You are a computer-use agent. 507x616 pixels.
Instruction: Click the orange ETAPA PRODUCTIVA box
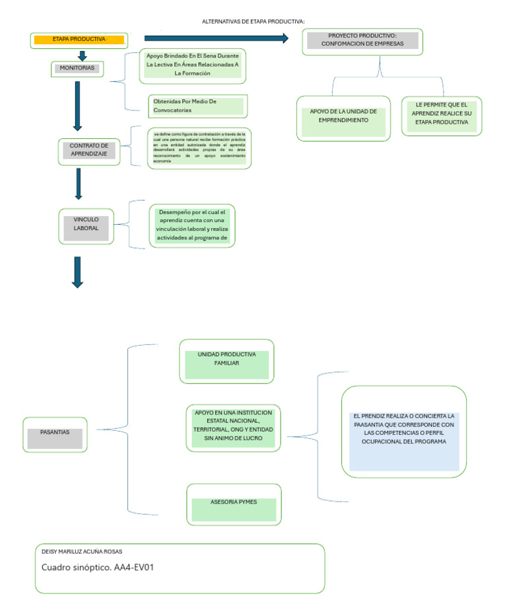pos(79,40)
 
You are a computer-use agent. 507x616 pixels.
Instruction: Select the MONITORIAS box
pos(77,68)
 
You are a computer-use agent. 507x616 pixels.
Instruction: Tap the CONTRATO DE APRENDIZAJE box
pos(88,150)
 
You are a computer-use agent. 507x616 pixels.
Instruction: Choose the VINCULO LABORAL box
pos(86,224)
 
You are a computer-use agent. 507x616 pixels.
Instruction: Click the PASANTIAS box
pos(55,434)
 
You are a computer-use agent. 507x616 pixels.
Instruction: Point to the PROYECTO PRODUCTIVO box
pos(362,41)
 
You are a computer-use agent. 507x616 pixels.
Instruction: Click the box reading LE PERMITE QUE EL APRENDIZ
pos(442,115)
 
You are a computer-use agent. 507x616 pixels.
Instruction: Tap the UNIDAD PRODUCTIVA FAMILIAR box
pos(226,361)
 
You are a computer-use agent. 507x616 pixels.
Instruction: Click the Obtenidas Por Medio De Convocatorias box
pos(197,106)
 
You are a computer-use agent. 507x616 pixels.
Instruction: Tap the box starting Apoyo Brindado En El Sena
pos(192,65)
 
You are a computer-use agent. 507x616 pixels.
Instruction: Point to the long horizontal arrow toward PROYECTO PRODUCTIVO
pos(216,38)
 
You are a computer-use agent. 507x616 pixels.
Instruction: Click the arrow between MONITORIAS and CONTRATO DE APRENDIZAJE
pos(77,105)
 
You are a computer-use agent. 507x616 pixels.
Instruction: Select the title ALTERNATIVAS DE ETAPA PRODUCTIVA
pos(253,22)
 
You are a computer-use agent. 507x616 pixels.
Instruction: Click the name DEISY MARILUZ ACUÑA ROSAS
pos(82,551)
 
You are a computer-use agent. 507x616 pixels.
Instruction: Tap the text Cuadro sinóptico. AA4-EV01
pos(98,567)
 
